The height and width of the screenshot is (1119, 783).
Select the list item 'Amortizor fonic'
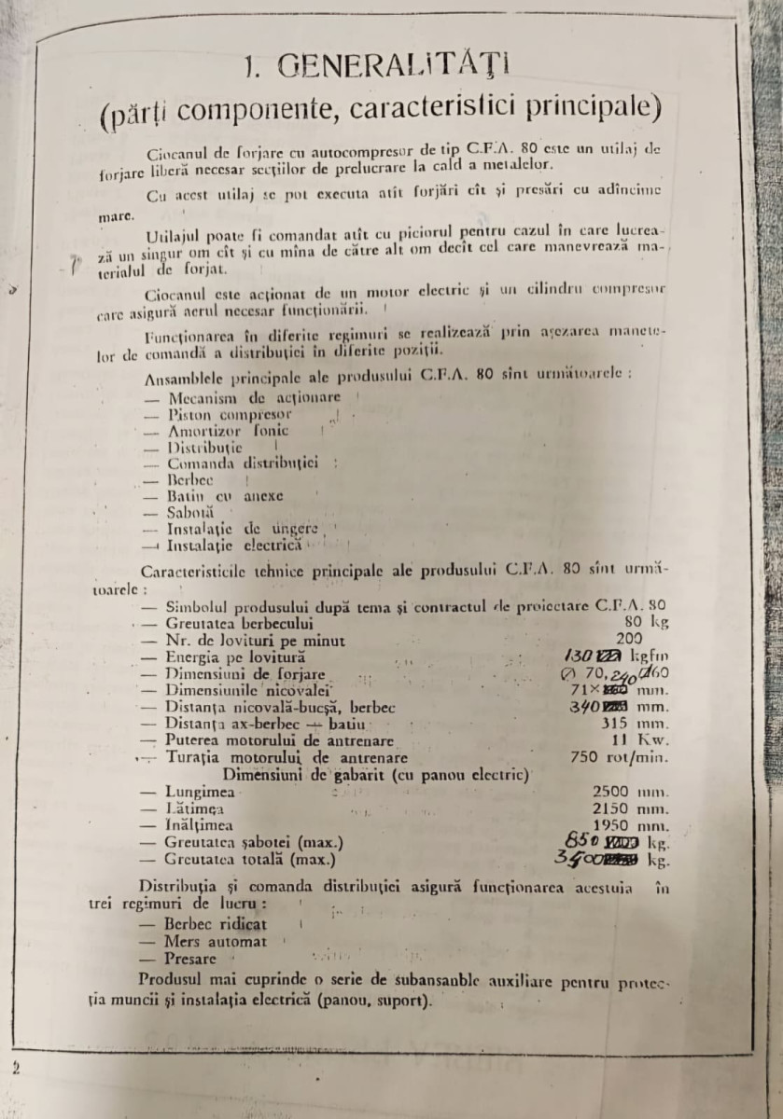coord(228,431)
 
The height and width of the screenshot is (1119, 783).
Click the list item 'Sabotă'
coord(190,512)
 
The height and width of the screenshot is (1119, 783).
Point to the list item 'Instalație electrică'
coord(233,544)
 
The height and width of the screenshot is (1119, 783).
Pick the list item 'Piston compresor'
coord(230,414)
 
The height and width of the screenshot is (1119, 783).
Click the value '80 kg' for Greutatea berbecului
coord(648,622)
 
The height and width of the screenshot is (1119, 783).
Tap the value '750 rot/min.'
coord(620,757)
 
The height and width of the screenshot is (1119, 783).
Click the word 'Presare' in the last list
coord(190,959)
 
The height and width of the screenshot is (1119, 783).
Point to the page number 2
coord(15,1067)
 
